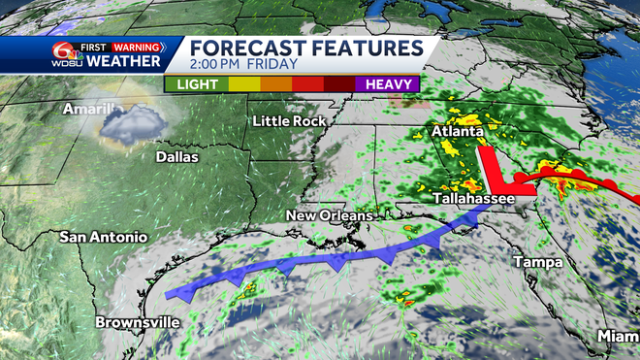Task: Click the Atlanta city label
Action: [459, 131]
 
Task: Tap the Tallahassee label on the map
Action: [472, 198]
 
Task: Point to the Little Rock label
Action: [284, 121]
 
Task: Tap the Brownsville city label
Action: [137, 322]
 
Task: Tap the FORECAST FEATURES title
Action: [304, 49]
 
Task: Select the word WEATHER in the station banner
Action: [126, 63]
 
